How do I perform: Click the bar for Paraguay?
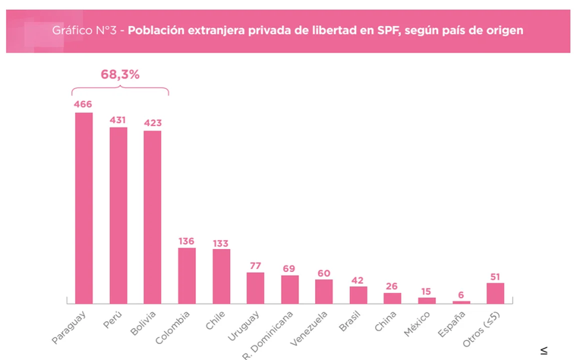coord(84,208)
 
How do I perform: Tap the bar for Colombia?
coord(187,275)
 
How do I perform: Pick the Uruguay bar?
coord(255,288)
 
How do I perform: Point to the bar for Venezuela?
coord(324,291)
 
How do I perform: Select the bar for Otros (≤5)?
coord(496,292)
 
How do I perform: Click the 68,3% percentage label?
coord(120,74)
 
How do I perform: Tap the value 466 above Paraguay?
coord(83,103)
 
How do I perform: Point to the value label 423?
coord(152,122)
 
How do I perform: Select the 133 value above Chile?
coord(221,243)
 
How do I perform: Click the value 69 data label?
coord(289,269)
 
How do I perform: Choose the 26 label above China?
coord(393,286)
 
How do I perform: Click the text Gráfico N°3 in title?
coord(86,30)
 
